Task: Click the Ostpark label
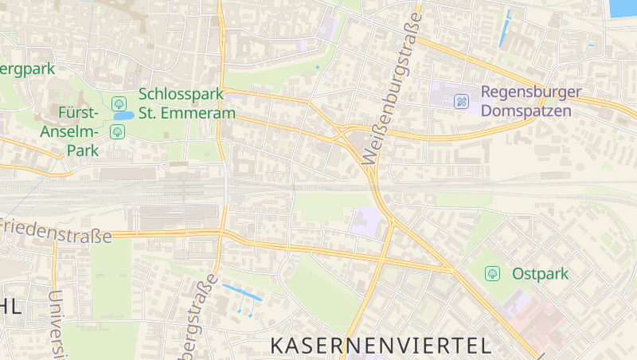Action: tap(541, 274)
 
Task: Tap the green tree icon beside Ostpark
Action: tap(493, 274)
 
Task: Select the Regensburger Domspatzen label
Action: tap(526, 101)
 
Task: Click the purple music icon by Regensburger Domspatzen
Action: tap(461, 101)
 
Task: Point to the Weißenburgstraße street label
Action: tap(393, 88)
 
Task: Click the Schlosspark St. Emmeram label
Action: tap(187, 104)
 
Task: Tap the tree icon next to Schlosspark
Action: tap(119, 103)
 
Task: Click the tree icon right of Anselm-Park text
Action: tap(118, 131)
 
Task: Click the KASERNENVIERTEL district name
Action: tap(380, 345)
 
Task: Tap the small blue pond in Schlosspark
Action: tap(123, 116)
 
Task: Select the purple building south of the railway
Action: tap(365, 221)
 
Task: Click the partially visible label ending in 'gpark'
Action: tap(27, 68)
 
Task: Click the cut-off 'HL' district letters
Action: tap(10, 307)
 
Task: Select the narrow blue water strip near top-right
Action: tap(504, 31)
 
